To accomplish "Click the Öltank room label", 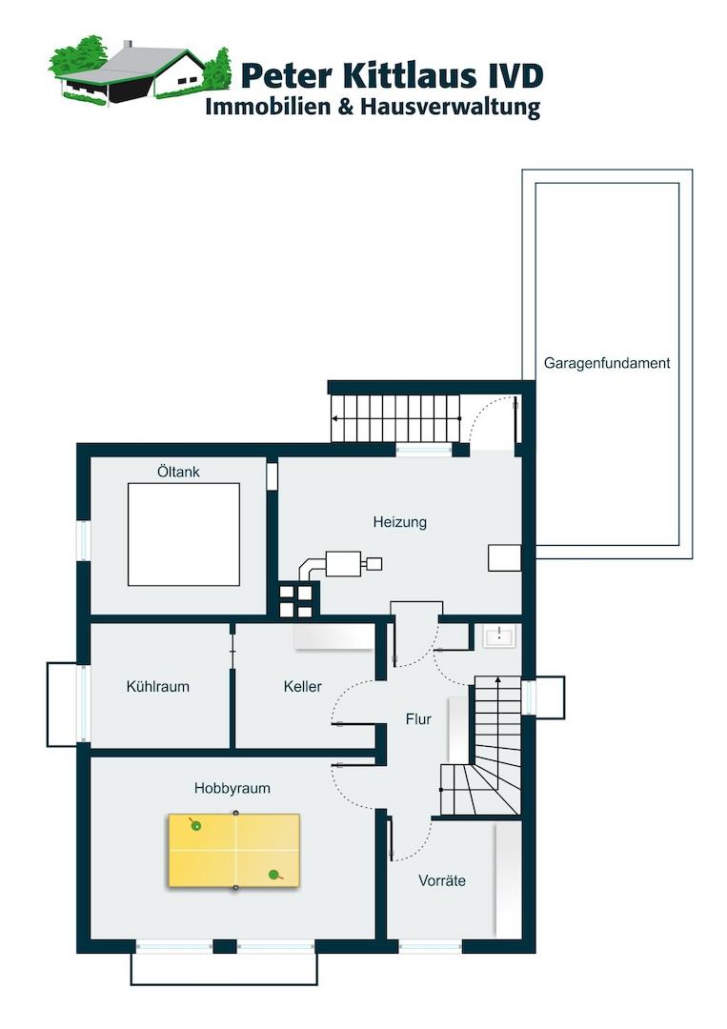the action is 178,472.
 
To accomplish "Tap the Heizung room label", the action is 399,522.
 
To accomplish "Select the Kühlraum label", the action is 157,686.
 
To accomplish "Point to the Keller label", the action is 302,686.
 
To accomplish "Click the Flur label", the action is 418,719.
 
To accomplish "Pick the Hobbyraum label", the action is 232,788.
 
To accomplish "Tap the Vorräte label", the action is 442,880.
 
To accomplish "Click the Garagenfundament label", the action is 607,363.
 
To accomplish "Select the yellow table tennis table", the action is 234,851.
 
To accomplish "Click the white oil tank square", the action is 184,535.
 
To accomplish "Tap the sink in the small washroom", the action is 499,636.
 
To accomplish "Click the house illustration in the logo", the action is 140,71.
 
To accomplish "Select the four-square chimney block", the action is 296,601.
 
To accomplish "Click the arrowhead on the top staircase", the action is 335,418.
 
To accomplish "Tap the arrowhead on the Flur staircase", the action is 498,680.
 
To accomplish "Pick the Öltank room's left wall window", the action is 83,540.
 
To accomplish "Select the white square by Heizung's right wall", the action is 505,557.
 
